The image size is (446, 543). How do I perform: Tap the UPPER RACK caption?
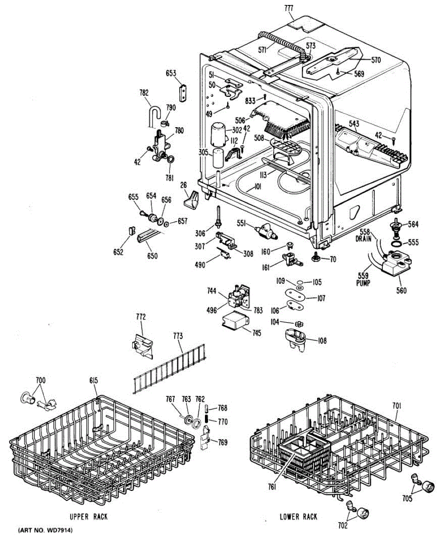pos(88,516)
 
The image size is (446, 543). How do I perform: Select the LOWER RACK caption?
pos(298,516)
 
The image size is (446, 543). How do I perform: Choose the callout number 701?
pos(396,406)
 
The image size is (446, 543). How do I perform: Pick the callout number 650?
pos(152,256)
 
